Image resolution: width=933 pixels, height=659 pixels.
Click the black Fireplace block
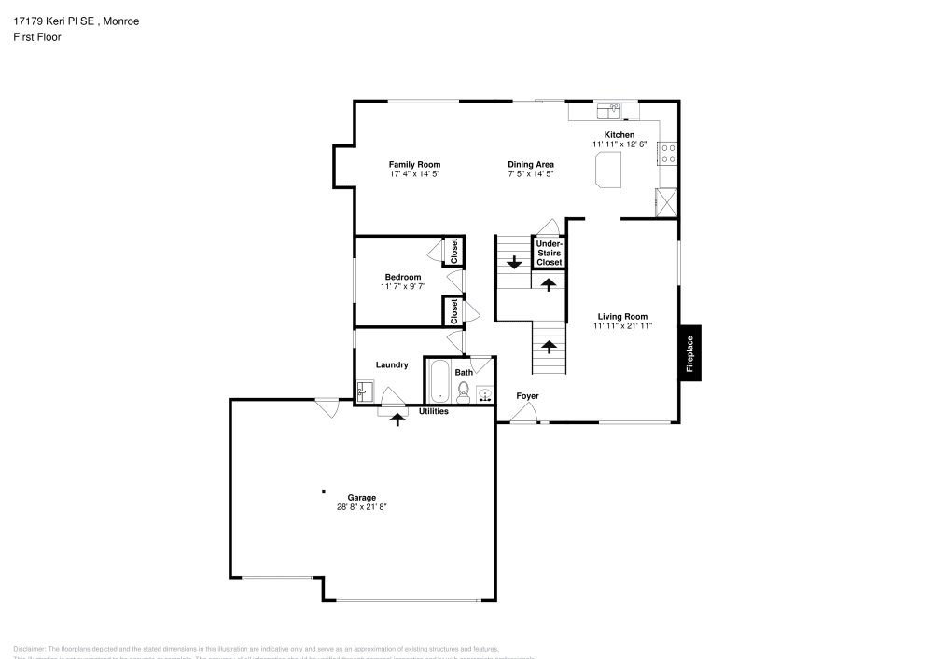click(x=690, y=353)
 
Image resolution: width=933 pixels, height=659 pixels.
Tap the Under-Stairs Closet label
click(x=549, y=254)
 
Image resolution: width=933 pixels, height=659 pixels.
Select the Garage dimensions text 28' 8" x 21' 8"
click(x=361, y=507)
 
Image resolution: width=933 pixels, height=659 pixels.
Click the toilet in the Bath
click(x=463, y=391)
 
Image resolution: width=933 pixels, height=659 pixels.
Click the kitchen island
click(x=609, y=171)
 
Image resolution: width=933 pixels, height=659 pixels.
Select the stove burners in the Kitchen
click(x=668, y=153)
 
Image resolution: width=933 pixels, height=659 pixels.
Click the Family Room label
click(x=414, y=164)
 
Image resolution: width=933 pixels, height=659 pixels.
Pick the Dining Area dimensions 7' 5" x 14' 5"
click(x=531, y=174)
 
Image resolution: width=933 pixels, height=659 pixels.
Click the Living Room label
click(x=622, y=316)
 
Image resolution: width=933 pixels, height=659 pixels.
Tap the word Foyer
click(x=527, y=396)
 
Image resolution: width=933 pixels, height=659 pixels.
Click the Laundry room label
click(x=392, y=364)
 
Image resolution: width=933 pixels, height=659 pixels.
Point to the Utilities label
click(x=433, y=411)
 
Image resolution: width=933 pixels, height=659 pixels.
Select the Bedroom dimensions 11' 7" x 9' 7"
click(x=402, y=287)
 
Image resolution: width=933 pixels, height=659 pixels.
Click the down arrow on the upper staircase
click(x=512, y=262)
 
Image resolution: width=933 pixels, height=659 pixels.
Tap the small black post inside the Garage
click(x=324, y=491)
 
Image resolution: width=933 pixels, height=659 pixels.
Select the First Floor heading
click(x=37, y=37)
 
